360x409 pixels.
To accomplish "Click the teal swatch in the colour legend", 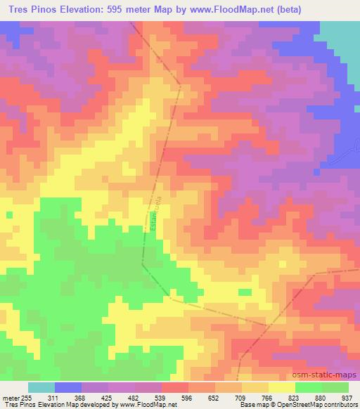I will [41, 387].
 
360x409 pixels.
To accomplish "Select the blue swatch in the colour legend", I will [68, 387].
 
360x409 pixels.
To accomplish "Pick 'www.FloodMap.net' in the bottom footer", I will [149, 405].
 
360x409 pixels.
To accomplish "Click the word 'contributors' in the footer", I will [339, 405].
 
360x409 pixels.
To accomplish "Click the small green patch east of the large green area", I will [245, 292].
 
